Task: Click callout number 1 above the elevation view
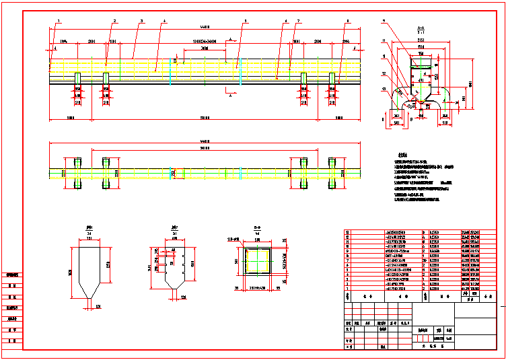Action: tap(59, 22)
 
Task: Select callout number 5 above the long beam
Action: tap(246, 22)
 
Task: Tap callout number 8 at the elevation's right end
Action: tap(347, 22)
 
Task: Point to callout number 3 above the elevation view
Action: tap(141, 22)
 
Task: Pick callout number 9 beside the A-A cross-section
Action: tap(384, 22)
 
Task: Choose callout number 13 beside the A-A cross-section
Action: tap(383, 88)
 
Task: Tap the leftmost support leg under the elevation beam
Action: tap(77, 80)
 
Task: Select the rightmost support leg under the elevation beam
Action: tap(331, 80)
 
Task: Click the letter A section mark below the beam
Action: tap(231, 96)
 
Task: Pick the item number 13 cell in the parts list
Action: tap(348, 231)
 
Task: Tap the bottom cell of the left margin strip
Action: tap(12, 342)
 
